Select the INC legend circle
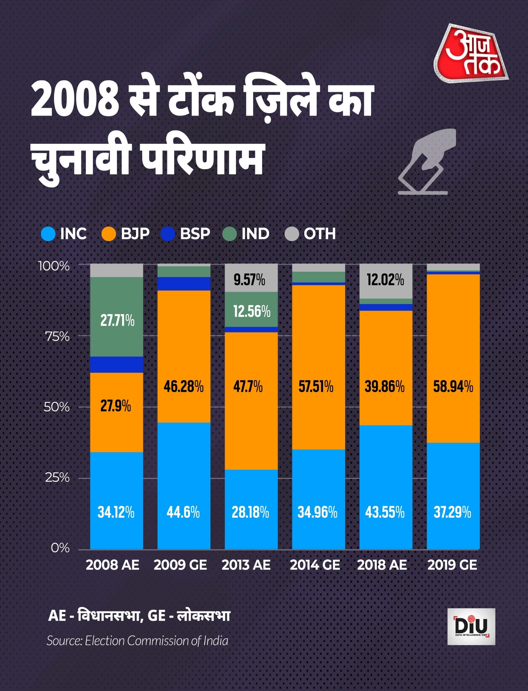tap(48, 234)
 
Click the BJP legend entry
tap(126, 234)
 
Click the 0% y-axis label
tap(60, 548)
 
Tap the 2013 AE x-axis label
tap(246, 565)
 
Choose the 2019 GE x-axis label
tap(452, 565)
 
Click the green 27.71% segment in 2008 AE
tap(117, 317)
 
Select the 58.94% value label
tap(453, 387)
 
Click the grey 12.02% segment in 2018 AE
tap(386, 281)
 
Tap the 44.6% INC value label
tap(183, 513)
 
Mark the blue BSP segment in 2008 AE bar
tap(117, 365)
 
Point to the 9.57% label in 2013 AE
tap(249, 279)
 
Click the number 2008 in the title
tap(75, 101)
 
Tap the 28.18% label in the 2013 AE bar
tap(251, 513)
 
